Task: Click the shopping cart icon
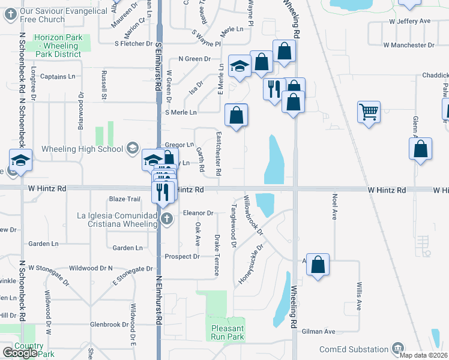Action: click(x=369, y=111)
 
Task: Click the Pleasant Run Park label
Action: click(x=228, y=332)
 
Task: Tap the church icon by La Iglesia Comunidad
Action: click(x=167, y=218)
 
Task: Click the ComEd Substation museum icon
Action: click(x=397, y=348)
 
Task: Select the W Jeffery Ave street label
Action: click(x=410, y=21)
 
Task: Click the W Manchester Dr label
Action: click(x=408, y=45)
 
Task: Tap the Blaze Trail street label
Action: click(x=124, y=199)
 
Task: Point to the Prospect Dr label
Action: click(x=182, y=257)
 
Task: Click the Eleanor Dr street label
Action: click(x=198, y=213)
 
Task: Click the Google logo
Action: click(x=20, y=353)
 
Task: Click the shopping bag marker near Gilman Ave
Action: click(x=318, y=264)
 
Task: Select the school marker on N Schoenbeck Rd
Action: click(x=21, y=161)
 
